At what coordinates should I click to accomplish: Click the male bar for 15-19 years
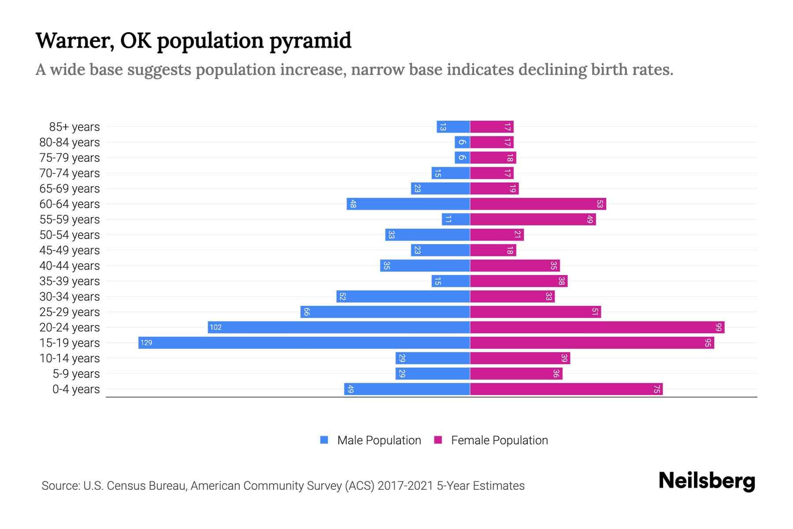pos(304,343)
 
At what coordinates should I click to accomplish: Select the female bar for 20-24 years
pos(597,328)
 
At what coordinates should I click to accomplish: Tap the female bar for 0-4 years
pos(566,389)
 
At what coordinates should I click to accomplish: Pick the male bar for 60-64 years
pos(408,204)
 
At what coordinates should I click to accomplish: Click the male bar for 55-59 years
pos(456,220)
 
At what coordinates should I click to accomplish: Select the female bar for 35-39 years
pos(519,281)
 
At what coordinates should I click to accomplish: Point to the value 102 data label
pos(215,328)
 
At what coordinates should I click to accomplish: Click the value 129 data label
pos(146,343)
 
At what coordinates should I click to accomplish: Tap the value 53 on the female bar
pos(600,204)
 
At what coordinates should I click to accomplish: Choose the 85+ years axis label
pos(74,127)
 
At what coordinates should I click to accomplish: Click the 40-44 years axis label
pos(70,266)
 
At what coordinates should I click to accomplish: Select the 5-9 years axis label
pos(76,374)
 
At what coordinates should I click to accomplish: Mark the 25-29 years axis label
pos(70,312)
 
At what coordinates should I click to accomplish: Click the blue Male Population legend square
pos(324,440)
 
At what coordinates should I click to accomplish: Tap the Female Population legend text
pos(499,440)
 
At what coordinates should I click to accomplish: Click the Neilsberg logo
pos(707,481)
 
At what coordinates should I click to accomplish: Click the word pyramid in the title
pos(310,41)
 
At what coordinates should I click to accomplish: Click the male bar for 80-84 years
pos(462,142)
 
